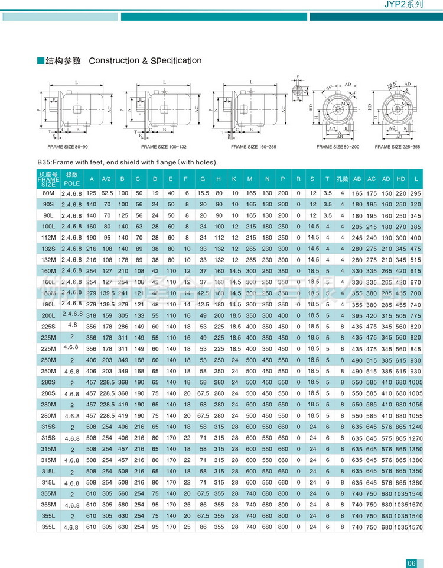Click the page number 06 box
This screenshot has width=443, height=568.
tap(412, 562)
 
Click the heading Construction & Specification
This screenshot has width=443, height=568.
tap(145, 61)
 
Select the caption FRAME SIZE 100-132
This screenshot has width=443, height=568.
tap(163, 146)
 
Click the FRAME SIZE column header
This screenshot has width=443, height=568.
tap(49, 179)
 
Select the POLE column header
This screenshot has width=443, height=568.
tap(72, 179)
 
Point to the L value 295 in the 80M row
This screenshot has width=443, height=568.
tap(416, 194)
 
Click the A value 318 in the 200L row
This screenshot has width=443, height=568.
tap(91, 316)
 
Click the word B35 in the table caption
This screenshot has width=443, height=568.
tap(44, 162)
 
